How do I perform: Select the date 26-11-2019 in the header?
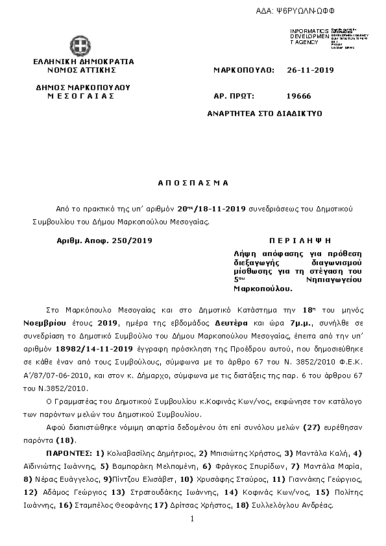click(310, 69)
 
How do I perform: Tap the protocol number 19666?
click(298, 96)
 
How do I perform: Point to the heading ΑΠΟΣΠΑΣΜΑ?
click(193, 183)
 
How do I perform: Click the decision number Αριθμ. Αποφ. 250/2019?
click(104, 240)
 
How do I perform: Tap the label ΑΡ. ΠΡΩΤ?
click(232, 96)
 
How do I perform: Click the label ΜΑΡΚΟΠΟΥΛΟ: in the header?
click(244, 69)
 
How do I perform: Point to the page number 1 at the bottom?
click(193, 519)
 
